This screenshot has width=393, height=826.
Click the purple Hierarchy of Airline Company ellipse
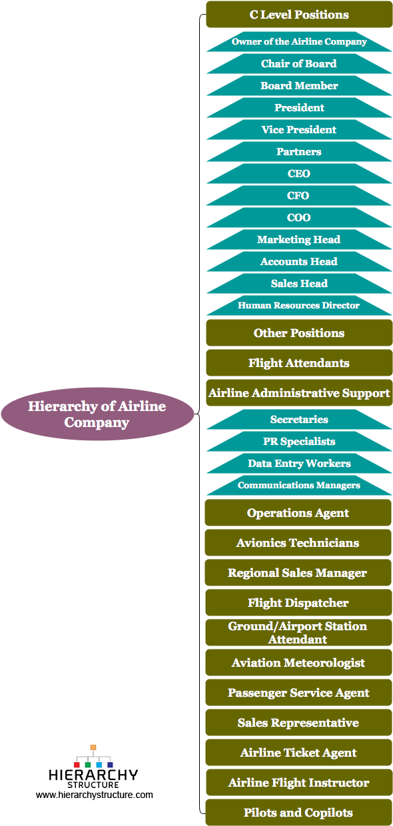coord(97,414)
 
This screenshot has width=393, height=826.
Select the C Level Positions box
coord(299,15)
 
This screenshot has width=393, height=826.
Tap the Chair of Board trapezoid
coord(299,64)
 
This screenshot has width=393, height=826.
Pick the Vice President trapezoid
coord(299,130)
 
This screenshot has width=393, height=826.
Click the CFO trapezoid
coord(299,196)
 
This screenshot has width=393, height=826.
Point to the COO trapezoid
coord(299,218)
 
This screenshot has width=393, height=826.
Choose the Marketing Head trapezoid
coord(299,240)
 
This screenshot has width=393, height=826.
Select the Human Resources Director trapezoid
coord(299,306)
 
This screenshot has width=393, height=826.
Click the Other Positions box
coord(299,333)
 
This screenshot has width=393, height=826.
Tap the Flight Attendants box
coord(299,363)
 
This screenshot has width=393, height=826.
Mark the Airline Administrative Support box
coord(299,393)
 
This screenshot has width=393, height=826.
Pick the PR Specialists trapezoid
coord(299,442)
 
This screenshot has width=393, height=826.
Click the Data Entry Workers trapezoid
coord(299,464)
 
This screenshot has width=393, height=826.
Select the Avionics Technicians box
coord(298,543)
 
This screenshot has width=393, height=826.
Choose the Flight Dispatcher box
coord(298,603)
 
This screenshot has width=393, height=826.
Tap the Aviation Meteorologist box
coord(298,663)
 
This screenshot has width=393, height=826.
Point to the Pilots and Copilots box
coord(298,813)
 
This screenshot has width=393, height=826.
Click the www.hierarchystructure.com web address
coord(95,795)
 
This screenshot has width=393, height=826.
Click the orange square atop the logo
coord(93,747)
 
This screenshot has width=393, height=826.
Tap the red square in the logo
coord(77,765)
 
